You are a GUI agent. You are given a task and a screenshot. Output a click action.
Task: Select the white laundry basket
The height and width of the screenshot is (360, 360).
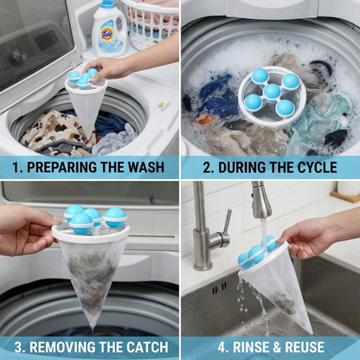153,22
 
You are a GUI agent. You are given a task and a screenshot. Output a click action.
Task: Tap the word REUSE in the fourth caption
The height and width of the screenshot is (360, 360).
308,347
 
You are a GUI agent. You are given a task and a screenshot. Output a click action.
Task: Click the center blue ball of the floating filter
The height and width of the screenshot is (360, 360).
271,92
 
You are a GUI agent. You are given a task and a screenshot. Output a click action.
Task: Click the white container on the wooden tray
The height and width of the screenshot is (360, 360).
348,189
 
